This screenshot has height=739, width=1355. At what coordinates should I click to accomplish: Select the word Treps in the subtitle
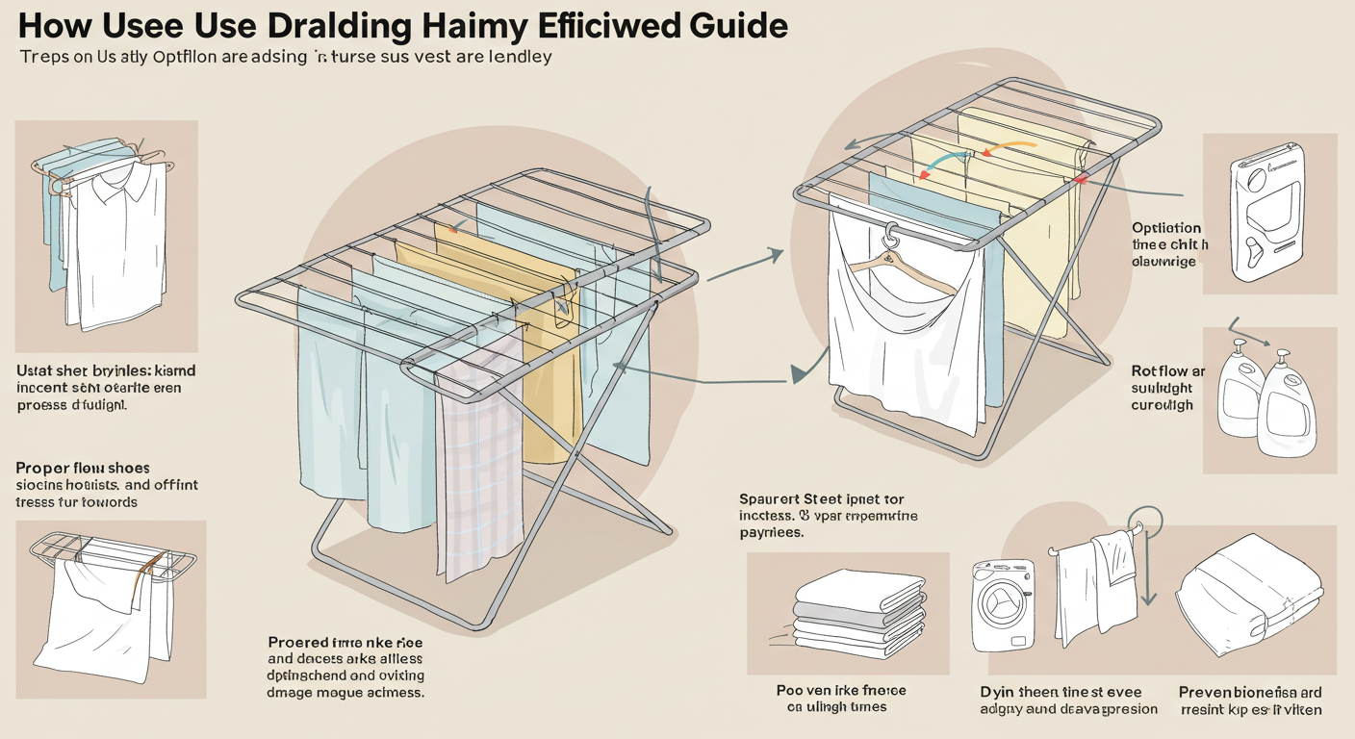coord(44,57)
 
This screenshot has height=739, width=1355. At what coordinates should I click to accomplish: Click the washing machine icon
coord(1002,606)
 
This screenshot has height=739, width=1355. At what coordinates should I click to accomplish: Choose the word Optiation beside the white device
coord(1166,228)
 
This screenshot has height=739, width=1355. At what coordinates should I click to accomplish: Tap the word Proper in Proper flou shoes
coord(44,468)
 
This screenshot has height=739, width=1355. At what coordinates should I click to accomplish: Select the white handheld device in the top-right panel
coord(1267,213)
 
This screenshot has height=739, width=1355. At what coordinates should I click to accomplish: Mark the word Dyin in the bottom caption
coord(996,692)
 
